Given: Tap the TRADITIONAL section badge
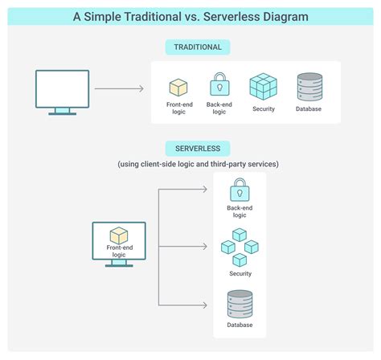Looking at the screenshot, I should [191, 47].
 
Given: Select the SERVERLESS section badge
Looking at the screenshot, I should [191, 148].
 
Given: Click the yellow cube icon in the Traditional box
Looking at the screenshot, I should [178, 87].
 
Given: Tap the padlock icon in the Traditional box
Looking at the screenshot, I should [219, 84].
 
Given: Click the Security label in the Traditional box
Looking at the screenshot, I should [263, 108].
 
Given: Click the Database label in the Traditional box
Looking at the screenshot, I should [309, 108].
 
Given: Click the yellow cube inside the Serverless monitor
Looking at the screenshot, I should [119, 235].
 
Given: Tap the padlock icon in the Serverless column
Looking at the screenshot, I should [239, 190].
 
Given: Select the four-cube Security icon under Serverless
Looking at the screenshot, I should [239, 247].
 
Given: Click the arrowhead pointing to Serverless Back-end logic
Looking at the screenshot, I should [206, 190].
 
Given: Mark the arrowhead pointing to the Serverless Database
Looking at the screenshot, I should [206, 305].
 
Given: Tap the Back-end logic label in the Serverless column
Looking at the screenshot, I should [239, 211].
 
